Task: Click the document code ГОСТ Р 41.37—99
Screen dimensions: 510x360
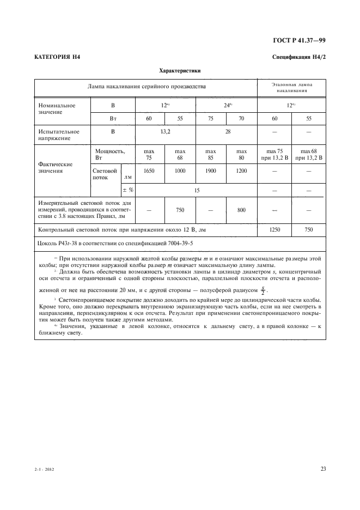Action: click(302, 40)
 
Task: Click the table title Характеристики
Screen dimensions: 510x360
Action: click(180, 70)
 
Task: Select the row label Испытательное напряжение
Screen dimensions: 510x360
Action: click(58, 135)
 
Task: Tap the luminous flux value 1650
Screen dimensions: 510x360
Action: click(149, 171)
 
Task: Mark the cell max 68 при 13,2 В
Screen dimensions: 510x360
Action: click(309, 155)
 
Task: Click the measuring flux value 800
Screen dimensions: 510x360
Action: click(241, 209)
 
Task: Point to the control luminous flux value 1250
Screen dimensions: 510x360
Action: click(274, 230)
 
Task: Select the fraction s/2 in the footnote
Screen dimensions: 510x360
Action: click(263, 288)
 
